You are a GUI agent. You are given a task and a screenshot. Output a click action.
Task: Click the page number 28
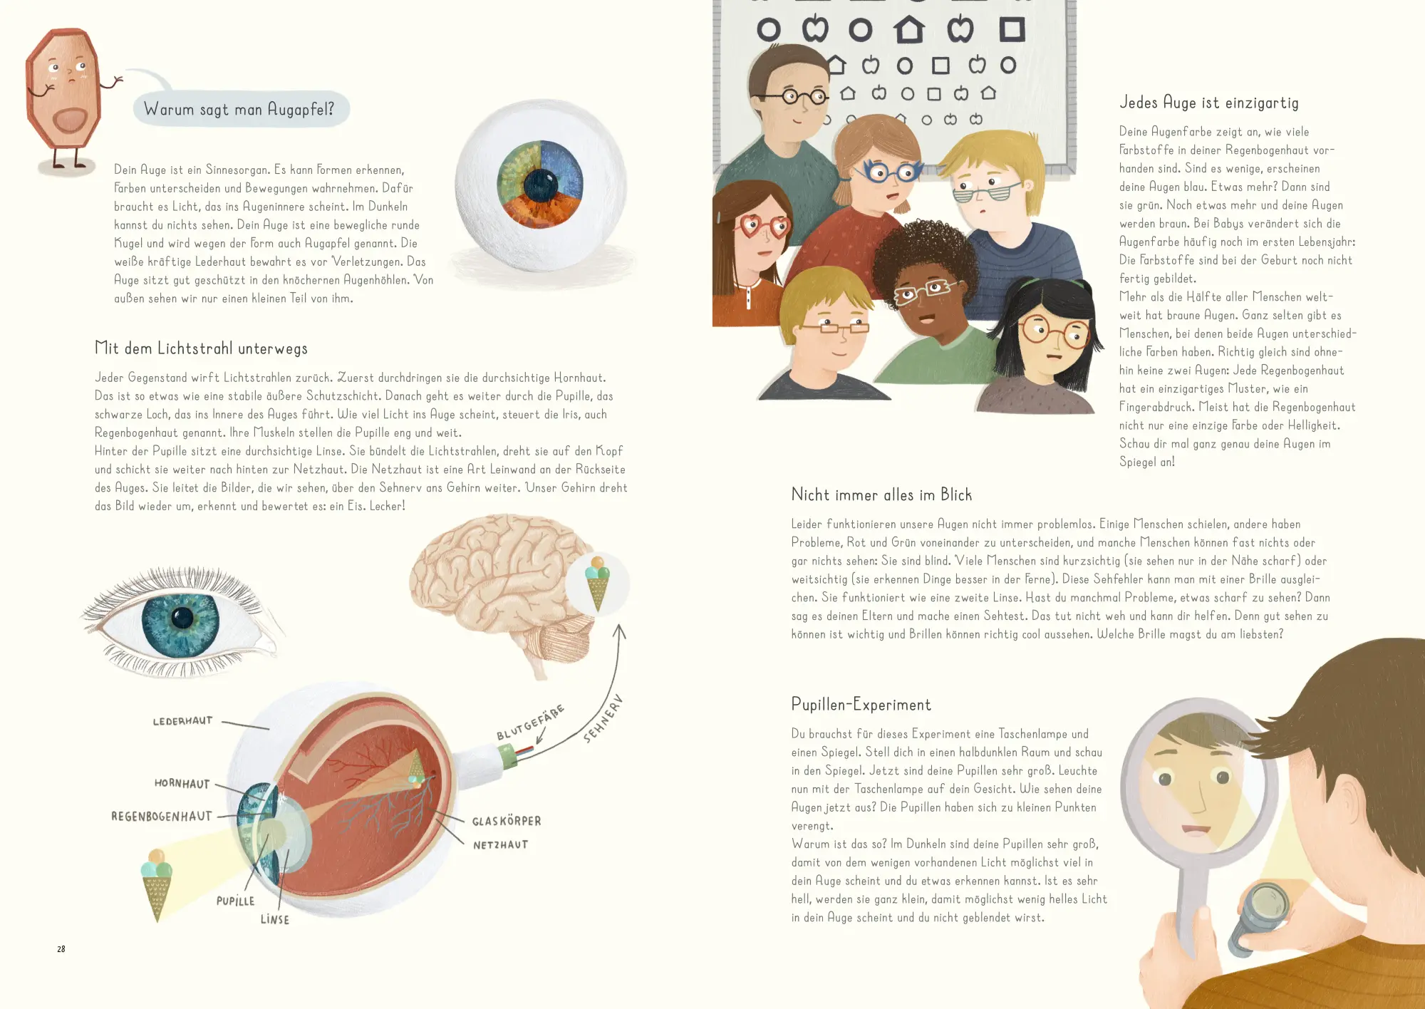61,949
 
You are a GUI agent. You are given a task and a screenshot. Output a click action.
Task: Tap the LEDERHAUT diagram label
183,721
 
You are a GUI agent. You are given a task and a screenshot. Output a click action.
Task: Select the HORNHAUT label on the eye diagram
182,784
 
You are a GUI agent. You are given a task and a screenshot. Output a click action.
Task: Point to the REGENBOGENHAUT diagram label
162,817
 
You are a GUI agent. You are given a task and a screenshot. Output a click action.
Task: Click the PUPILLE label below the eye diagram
235,901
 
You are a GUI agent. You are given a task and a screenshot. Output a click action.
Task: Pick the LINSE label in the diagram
275,920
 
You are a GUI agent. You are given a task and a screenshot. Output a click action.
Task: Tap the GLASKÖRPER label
507,821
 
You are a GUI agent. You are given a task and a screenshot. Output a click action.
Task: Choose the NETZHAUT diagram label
501,845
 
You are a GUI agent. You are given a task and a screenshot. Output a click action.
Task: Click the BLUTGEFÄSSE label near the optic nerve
531,723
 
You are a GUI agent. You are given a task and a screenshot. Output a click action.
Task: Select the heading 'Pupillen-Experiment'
861,705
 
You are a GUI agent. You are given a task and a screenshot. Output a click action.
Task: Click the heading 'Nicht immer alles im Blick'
881,495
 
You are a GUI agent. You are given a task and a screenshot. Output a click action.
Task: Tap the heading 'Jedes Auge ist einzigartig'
1209,103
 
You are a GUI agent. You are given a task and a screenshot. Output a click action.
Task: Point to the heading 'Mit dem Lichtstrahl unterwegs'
201,348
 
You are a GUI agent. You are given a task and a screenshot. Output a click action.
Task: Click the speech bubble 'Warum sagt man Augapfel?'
241,109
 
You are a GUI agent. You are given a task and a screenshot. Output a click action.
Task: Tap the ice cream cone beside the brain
597,582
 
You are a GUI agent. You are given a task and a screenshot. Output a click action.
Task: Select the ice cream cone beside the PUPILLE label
157,884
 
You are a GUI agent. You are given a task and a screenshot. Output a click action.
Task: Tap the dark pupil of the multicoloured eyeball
541,186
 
